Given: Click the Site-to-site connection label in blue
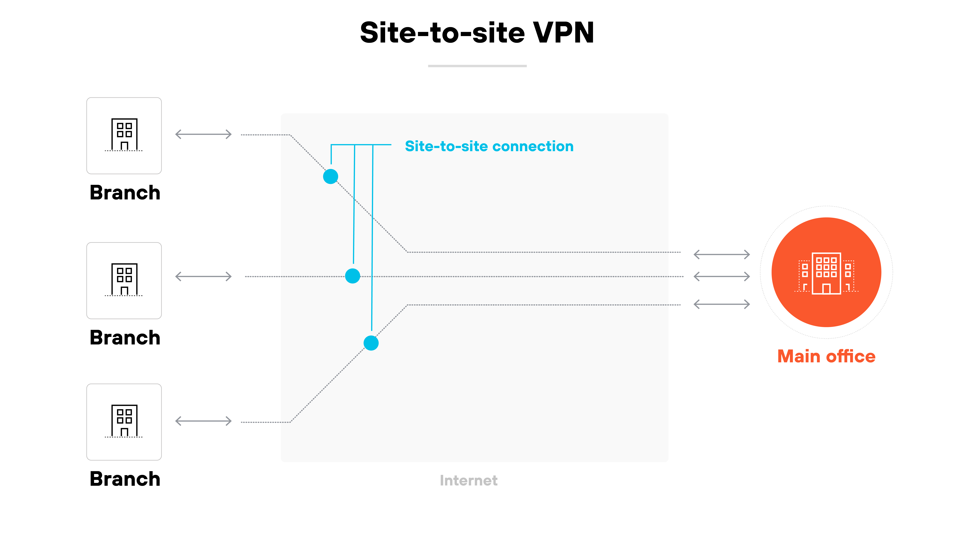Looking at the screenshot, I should (489, 146).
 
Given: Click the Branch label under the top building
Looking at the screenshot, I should (125, 193).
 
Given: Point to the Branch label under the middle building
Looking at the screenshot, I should (125, 338).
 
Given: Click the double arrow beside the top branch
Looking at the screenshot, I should (203, 134).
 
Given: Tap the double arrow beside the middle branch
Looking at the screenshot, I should (203, 276).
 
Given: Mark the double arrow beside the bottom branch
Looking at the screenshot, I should (203, 421).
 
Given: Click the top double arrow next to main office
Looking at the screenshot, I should (721, 254).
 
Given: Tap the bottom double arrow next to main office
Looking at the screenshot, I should (721, 304).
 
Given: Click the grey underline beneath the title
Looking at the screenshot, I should (477, 66).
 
